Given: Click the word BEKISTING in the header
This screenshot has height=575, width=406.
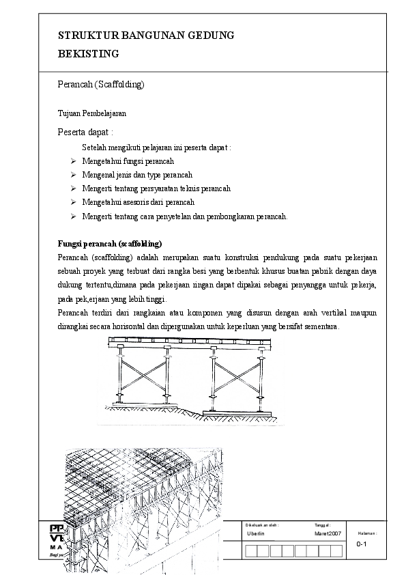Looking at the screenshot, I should coord(89,53).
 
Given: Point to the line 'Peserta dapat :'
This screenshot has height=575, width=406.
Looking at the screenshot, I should coord(85,132).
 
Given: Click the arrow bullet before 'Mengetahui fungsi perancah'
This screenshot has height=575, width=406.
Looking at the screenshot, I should coord(73,161).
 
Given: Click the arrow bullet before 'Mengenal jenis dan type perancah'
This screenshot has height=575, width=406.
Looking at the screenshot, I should coord(73,175).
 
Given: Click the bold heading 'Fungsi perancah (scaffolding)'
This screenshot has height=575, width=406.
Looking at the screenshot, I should coord(109,243).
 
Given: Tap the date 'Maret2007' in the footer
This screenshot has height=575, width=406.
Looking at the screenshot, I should coord(328,533).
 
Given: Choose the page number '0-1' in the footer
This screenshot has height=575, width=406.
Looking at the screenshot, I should coord(362,544).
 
